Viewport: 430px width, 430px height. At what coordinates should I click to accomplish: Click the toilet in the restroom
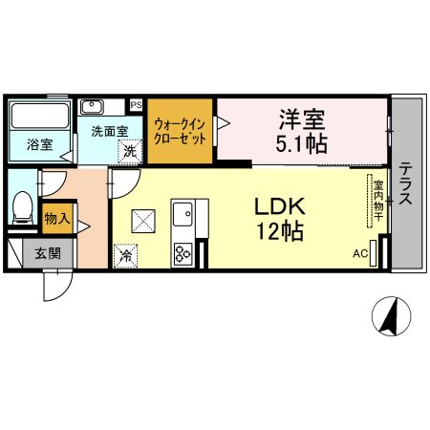23,207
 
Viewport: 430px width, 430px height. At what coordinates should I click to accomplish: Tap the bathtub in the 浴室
40,116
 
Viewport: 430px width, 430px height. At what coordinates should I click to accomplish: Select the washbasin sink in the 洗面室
92,107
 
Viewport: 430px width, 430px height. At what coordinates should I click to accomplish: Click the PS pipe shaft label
136,105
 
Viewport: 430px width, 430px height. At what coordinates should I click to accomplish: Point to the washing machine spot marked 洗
130,151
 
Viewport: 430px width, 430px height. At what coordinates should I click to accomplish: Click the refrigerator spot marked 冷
126,256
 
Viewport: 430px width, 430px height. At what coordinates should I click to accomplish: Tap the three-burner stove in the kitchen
183,254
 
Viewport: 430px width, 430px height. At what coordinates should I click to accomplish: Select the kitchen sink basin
183,214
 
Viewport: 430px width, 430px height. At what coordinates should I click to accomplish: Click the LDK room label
280,206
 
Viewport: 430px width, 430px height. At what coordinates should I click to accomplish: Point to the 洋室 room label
302,119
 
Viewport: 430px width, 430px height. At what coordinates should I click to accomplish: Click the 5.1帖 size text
301,144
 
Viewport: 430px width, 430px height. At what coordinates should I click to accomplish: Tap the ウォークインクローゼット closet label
180,132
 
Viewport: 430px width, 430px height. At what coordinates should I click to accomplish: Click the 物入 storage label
57,219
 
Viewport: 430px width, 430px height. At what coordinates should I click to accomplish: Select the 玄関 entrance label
48,253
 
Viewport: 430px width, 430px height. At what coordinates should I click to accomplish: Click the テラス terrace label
405,183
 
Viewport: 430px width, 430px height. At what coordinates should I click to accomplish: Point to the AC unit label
360,254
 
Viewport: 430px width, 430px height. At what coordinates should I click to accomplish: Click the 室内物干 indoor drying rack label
378,201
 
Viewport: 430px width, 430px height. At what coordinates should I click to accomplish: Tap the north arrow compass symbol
392,316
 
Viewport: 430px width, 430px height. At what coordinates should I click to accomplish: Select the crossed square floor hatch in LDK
143,221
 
